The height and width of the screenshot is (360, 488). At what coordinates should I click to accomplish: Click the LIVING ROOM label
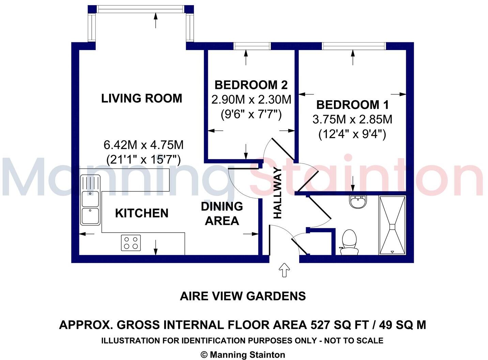142,98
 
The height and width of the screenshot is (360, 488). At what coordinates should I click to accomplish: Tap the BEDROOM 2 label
251,85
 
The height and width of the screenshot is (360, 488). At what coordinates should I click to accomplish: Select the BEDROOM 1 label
352,105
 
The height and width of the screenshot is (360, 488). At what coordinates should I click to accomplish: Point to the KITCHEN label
142,213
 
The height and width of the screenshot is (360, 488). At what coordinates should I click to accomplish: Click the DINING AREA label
222,214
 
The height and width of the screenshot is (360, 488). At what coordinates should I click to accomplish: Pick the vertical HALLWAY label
278,193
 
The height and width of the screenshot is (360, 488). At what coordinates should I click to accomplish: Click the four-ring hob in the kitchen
131,243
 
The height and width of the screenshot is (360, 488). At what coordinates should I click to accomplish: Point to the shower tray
392,225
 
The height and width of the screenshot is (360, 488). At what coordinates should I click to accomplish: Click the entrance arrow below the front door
284,270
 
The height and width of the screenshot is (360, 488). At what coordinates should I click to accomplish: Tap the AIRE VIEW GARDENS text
243,296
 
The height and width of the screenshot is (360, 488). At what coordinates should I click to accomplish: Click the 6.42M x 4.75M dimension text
143,145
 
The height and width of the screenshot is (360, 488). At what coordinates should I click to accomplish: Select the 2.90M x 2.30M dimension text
251,100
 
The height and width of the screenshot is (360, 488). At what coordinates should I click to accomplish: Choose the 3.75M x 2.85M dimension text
352,120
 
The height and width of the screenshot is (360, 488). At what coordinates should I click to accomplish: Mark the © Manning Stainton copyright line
243,355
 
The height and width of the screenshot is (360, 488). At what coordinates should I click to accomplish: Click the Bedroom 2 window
252,46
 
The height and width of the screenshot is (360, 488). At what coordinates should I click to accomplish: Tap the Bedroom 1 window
354,46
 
